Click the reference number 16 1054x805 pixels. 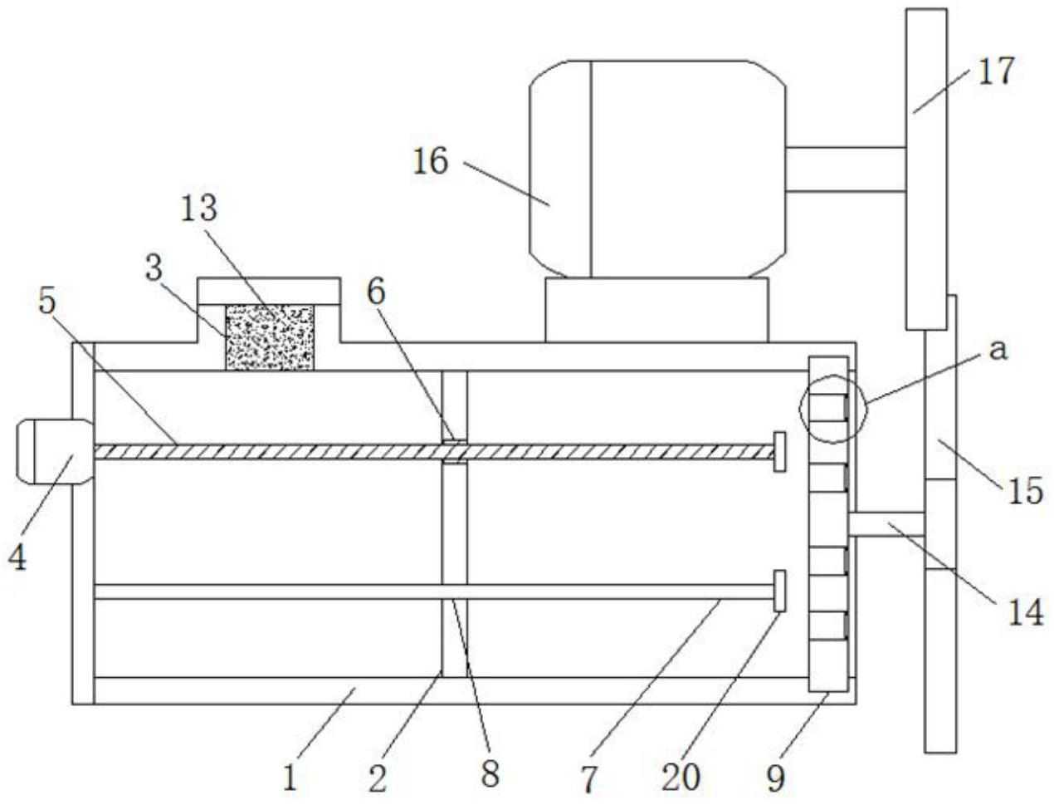click(x=431, y=161)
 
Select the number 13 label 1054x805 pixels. click(x=199, y=209)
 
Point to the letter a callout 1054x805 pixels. click(x=998, y=351)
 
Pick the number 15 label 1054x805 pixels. click(x=1026, y=491)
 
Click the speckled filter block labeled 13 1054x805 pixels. click(x=270, y=337)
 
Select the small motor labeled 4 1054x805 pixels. click(x=55, y=452)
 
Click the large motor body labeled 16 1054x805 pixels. click(x=658, y=169)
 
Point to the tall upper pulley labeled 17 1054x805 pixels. click(x=926, y=169)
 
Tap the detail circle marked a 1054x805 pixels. click(x=832, y=409)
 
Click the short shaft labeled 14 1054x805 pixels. click(x=886, y=524)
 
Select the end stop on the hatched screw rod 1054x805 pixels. click(x=779, y=452)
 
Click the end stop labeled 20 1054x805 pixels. click(x=779, y=591)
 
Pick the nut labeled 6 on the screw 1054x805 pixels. click(x=454, y=452)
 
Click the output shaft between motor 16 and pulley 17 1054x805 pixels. click(x=846, y=169)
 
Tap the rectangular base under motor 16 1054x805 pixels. click(x=656, y=310)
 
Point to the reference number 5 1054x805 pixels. click(x=47, y=302)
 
